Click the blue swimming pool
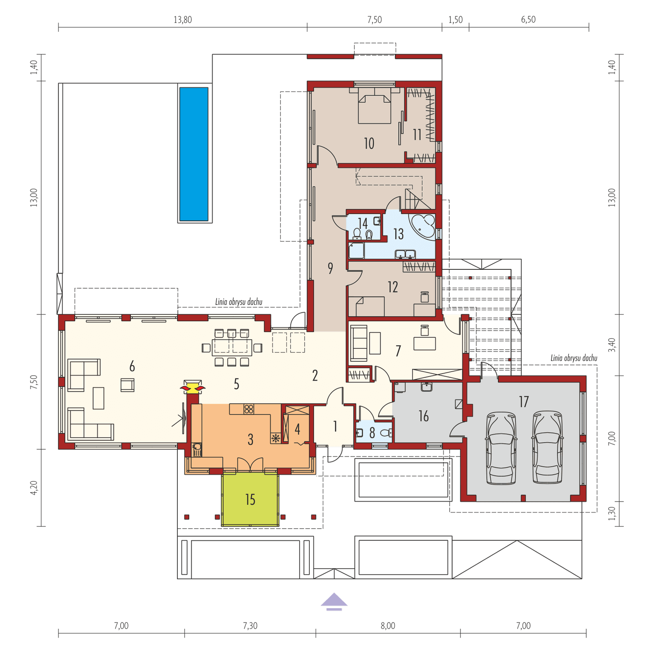pyautogui.click(x=195, y=154)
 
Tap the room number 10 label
pyautogui.click(x=369, y=143)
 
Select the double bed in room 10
pyautogui.click(x=375, y=109)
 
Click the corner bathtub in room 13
pyautogui.click(x=423, y=225)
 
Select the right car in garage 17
pyautogui.click(x=547, y=448)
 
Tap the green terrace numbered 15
pyautogui.click(x=250, y=499)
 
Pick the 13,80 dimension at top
pyautogui.click(x=183, y=20)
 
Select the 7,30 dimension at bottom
pyautogui.click(x=250, y=626)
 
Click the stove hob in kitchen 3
pyautogui.click(x=249, y=409)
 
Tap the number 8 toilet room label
pyautogui.click(x=372, y=433)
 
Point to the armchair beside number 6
pyautogui.click(x=128, y=385)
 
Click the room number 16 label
pyautogui.click(x=423, y=417)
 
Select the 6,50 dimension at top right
pyautogui.click(x=528, y=20)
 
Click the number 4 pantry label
pyautogui.click(x=298, y=429)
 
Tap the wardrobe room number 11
pyautogui.click(x=417, y=134)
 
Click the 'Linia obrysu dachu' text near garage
pyautogui.click(x=574, y=358)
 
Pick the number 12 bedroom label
pyautogui.click(x=392, y=287)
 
